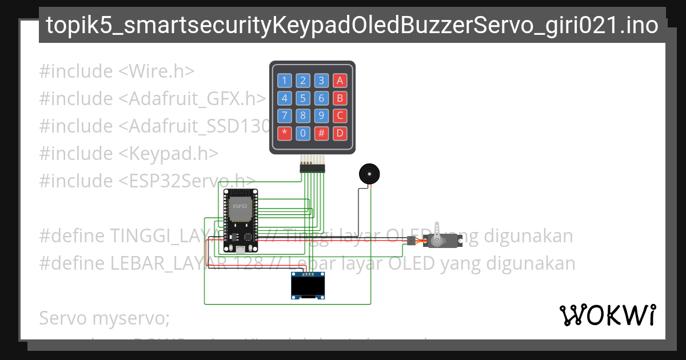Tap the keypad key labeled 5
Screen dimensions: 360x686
click(x=303, y=98)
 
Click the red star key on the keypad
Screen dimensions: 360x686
click(x=285, y=134)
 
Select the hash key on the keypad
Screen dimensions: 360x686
click(x=322, y=134)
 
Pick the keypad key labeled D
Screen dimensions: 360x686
click(x=340, y=134)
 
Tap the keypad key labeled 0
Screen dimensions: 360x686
click(x=303, y=134)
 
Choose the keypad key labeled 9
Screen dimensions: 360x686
click(x=322, y=116)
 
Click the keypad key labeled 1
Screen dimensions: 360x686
click(x=285, y=81)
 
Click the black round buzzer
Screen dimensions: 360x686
click(x=368, y=173)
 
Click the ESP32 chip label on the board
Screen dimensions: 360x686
click(x=240, y=206)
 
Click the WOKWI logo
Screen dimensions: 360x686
click(x=608, y=315)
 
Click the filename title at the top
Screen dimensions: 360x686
click(x=352, y=26)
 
